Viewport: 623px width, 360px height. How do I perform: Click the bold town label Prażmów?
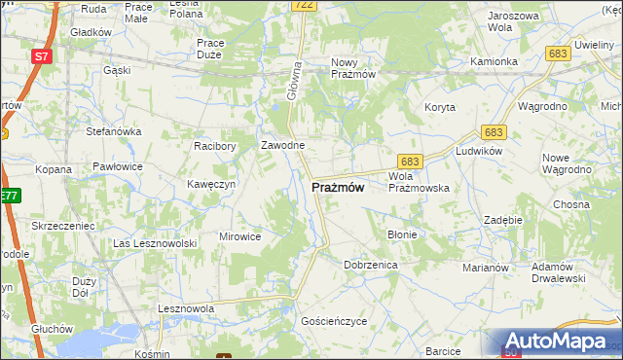(x=338, y=188)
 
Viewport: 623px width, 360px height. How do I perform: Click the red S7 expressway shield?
(x=41, y=56)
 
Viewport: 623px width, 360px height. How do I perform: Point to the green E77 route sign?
(x=9, y=196)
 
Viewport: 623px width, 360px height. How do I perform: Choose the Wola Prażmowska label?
(x=418, y=182)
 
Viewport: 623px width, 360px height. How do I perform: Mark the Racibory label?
(x=215, y=146)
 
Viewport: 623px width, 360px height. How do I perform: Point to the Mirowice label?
(x=239, y=235)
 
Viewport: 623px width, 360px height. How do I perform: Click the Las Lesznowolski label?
(x=156, y=242)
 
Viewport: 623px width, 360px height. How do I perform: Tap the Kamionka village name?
(x=494, y=61)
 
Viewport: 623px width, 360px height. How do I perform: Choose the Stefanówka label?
(x=115, y=130)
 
